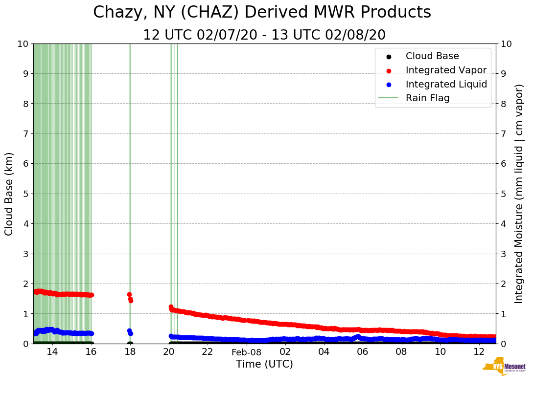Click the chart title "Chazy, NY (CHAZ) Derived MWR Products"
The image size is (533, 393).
tap(262, 12)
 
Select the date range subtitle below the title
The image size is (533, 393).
tap(264, 35)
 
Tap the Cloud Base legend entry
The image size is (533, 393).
tap(432, 56)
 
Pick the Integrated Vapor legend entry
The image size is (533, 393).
tap(446, 70)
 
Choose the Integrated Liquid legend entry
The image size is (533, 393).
tap(446, 84)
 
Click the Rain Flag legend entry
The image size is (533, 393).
tap(427, 98)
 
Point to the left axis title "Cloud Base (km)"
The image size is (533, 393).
tap(9, 194)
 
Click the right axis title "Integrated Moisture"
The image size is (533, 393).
tap(519, 194)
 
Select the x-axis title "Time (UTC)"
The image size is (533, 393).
tap(264, 364)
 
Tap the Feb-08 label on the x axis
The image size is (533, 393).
tap(246, 352)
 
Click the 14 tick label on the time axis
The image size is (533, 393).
tap(52, 352)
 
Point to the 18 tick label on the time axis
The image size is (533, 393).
tap(130, 352)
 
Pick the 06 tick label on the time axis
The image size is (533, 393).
tap(363, 352)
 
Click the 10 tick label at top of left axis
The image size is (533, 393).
tap(22, 44)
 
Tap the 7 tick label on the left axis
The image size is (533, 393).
tap(25, 133)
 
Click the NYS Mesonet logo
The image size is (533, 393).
tap(504, 368)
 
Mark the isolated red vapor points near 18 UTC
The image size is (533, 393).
tap(130, 298)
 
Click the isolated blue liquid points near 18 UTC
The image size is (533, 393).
tap(130, 332)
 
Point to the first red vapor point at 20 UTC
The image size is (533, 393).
tap(171, 307)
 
